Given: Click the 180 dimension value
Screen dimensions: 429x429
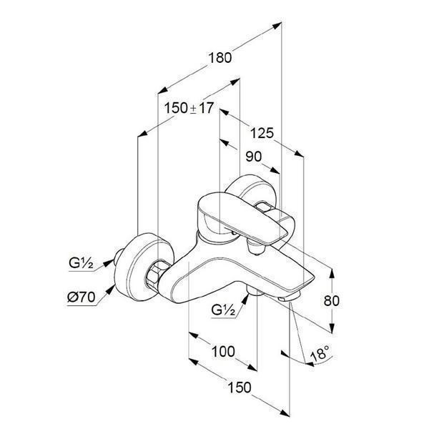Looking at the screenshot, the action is pos(220,58).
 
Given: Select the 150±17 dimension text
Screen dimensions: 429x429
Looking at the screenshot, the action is pos(189,108).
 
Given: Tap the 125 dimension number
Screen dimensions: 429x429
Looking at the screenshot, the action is pos(262,133).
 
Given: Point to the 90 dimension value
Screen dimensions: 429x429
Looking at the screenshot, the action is pos(254,157).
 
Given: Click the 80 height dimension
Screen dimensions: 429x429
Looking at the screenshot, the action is pos(331,300).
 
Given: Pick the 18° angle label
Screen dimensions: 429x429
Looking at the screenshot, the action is pos(320,353).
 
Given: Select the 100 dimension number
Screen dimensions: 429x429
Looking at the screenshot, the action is pos(223,352).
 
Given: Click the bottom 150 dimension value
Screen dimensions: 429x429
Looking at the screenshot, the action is pos(240,388).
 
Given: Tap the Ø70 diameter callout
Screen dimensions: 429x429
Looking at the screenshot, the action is pos(82,297).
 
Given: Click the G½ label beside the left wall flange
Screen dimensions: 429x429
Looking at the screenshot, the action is pos(81,263).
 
